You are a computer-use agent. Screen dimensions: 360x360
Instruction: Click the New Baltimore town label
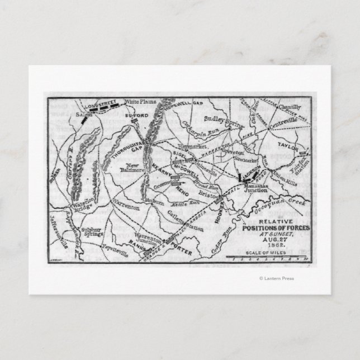point(135,169)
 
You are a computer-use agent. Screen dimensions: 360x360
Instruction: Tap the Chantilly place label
point(289,107)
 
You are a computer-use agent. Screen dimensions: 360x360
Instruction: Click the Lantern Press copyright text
point(277,278)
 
